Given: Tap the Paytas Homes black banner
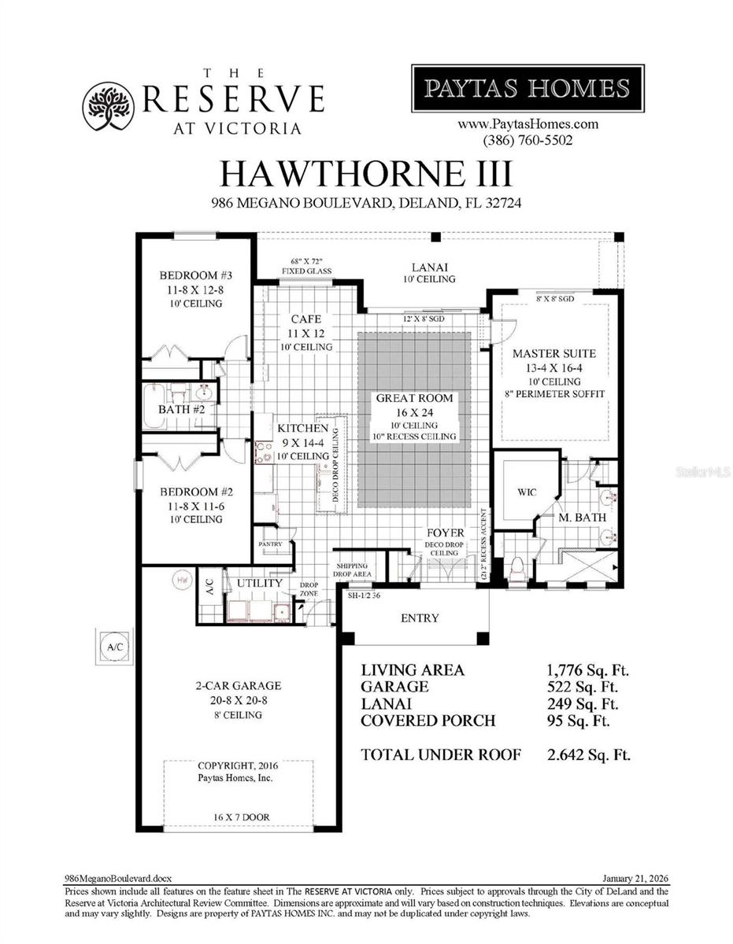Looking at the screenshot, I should tap(528, 88).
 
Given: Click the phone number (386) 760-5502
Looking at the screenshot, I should tap(528, 140).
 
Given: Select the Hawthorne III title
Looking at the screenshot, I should tap(366, 172).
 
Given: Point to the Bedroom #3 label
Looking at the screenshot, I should tap(190, 275).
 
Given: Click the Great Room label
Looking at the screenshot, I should tap(415, 399).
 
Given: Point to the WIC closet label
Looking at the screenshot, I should tap(527, 492).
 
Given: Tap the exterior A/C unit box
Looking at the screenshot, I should tap(112, 645).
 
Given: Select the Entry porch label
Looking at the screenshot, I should tap(420, 618).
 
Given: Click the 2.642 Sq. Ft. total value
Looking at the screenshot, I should tap(589, 754).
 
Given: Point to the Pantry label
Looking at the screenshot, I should tap(274, 544).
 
